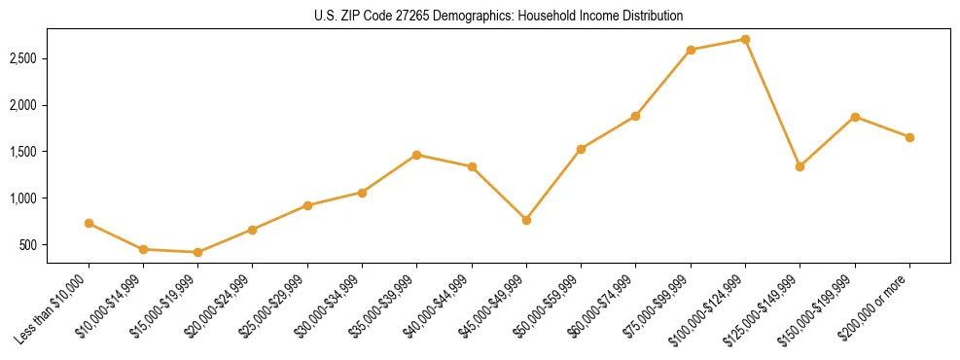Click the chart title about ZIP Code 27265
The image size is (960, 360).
pos(499,16)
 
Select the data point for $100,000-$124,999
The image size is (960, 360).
pos(745,40)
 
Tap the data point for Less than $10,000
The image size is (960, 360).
pos(89,223)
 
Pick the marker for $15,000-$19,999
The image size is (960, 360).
pos(198,252)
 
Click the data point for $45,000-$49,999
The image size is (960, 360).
pos(526,220)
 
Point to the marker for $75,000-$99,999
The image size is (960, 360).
pos(691,50)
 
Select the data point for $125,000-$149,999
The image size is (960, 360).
pos(800,166)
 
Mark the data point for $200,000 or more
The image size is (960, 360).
pos(909,137)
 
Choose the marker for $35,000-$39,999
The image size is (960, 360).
pos(416,155)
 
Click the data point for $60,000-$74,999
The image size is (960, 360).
pos(635,116)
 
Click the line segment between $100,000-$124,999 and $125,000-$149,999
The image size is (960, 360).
pos(772,103)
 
